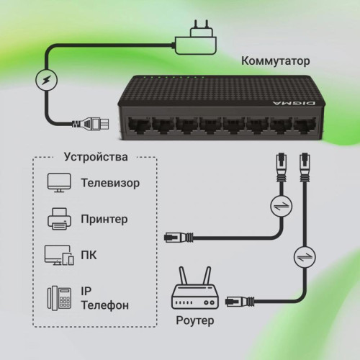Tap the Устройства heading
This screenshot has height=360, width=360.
(x=96, y=156)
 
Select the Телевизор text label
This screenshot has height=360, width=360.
(x=110, y=183)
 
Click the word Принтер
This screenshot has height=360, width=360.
(x=106, y=218)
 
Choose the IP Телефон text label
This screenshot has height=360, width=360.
(x=105, y=298)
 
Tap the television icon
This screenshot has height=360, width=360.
(x=58, y=182)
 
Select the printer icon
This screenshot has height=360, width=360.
(x=58, y=218)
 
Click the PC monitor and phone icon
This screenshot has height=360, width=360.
(x=58, y=256)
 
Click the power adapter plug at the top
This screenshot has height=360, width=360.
(x=195, y=32)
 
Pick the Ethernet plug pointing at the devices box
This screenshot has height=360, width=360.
(x=177, y=235)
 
